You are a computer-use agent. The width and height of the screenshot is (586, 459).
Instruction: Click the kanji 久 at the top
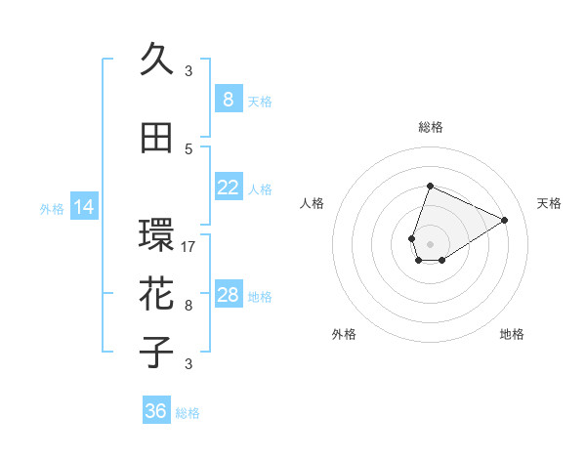tap(157, 60)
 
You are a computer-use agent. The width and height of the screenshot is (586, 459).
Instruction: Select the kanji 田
tap(157, 138)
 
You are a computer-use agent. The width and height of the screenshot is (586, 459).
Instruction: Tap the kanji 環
tap(157, 235)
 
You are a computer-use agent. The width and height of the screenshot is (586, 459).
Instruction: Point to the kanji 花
tap(157, 294)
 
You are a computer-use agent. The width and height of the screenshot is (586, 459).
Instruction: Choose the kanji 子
tap(157, 353)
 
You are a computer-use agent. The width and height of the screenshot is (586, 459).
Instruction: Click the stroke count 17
tap(188, 247)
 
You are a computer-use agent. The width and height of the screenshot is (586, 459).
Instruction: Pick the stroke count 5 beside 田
tap(188, 149)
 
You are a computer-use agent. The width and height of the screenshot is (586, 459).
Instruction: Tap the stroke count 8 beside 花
tap(188, 306)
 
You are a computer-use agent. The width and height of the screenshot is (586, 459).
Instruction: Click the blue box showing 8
tap(228, 100)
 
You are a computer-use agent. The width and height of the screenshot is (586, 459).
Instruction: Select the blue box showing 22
tap(228, 188)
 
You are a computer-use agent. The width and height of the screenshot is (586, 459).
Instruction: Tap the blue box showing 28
tap(228, 295)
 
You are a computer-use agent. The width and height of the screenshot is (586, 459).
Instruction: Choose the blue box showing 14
tap(83, 207)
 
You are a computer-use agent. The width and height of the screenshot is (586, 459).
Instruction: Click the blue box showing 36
tap(156, 411)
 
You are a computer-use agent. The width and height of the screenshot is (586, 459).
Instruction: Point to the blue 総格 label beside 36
tap(188, 413)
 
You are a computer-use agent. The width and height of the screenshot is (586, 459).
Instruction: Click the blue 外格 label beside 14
tap(52, 208)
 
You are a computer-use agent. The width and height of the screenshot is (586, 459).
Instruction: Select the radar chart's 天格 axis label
tap(549, 203)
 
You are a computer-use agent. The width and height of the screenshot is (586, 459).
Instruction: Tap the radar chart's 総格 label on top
tap(430, 127)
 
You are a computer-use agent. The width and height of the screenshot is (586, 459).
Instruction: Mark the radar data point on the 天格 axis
tap(504, 220)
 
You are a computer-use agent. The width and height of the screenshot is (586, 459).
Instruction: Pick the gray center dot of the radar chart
tap(430, 242)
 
